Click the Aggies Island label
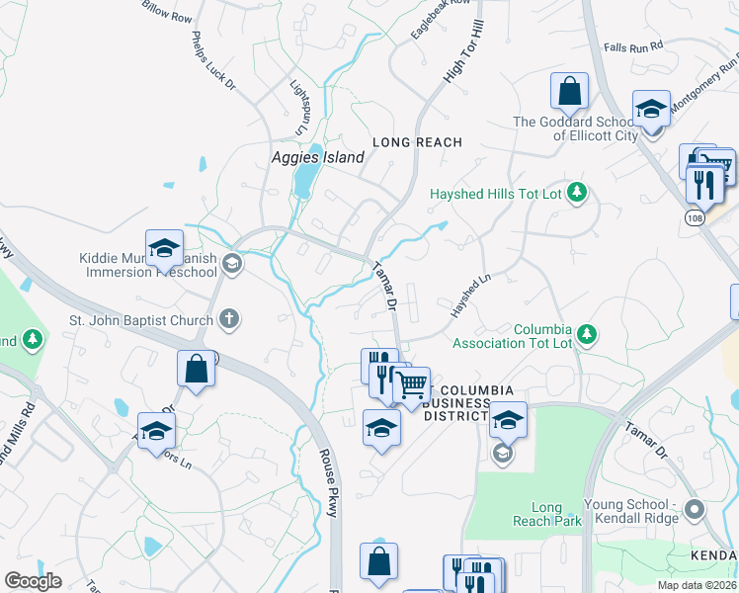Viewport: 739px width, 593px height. [318, 157]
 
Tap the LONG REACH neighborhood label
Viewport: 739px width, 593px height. [417, 142]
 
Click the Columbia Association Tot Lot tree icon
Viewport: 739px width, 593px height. [587, 334]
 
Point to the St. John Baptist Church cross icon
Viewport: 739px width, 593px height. [229, 319]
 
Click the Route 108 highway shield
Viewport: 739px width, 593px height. [697, 214]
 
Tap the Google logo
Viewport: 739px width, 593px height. [33, 581]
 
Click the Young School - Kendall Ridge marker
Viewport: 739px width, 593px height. [694, 510]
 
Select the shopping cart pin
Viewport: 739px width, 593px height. [411, 383]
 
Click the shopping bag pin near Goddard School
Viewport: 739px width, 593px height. [570, 92]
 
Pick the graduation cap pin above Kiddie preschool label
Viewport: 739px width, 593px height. [164, 247]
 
